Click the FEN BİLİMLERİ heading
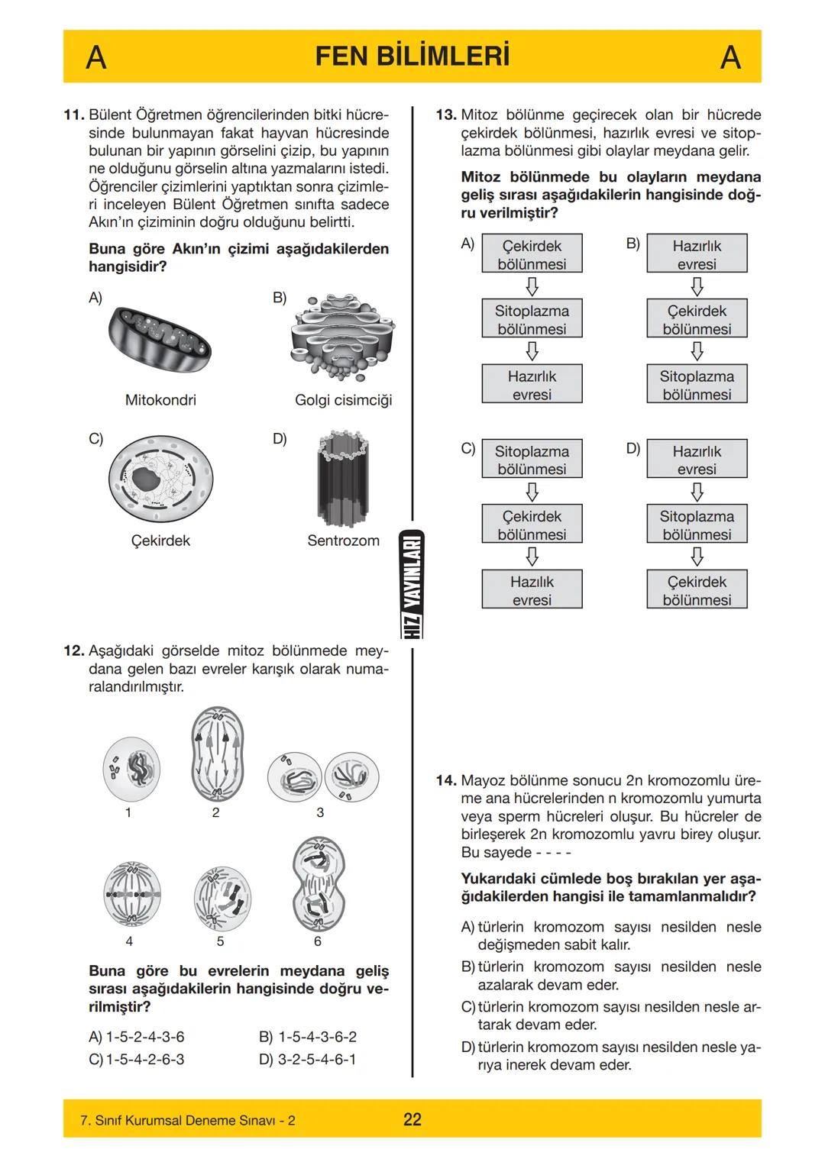412,56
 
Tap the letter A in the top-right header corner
730,57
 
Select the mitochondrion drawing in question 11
160,338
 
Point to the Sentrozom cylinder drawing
343,479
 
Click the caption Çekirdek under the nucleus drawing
160,541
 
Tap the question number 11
73,115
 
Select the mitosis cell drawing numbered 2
217,754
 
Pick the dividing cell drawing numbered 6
319,883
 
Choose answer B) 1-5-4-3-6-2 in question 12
308,1037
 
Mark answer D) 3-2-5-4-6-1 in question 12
308,1059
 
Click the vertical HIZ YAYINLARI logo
412,583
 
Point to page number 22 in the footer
412,1119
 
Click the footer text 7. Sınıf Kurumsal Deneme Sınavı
187,1120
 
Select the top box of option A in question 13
532,254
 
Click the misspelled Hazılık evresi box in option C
532,590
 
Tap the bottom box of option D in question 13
697,590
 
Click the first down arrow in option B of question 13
697,286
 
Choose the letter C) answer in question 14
468,1007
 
